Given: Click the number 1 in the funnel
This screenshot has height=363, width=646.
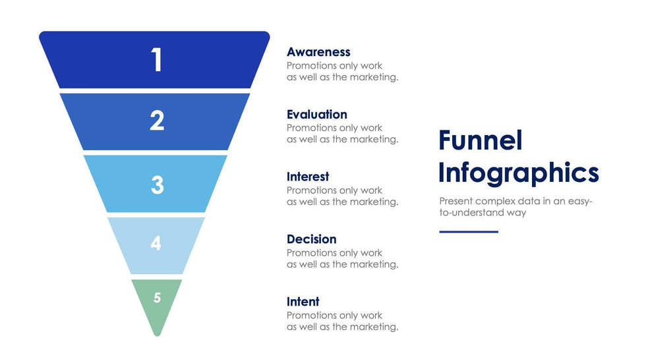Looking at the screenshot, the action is pos(157,60).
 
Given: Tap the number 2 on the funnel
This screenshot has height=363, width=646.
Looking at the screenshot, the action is pos(157,121).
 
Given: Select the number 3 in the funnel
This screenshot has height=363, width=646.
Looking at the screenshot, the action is pos(158,184).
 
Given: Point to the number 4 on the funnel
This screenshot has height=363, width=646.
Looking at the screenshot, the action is pos(156,243).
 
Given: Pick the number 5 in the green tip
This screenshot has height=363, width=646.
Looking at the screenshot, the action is pos(157,298).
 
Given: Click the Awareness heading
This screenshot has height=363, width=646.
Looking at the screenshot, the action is pos(318,52).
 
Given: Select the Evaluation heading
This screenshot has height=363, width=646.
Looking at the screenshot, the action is pos(317,114).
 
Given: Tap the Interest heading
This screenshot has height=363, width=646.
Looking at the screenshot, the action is pos(308,177).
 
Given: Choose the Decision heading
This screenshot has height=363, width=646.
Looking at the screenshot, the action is pos(311,239).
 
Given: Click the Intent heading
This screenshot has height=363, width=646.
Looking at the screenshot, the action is pos(303,302).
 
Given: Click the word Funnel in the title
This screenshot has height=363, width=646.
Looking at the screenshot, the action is pos(481,140).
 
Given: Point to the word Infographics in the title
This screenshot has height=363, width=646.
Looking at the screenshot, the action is pos(519,173).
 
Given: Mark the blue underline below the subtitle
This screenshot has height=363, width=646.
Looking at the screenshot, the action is pos(469,232).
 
